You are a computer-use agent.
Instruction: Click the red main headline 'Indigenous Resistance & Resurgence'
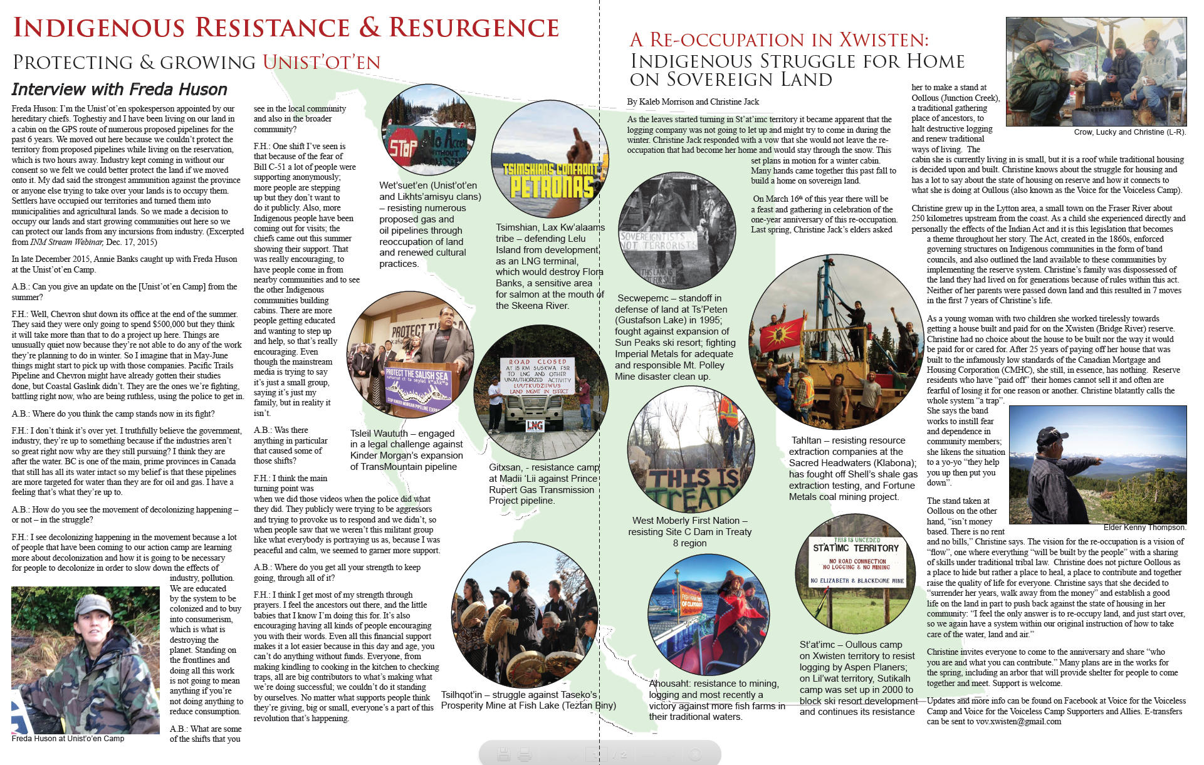(x=286, y=28)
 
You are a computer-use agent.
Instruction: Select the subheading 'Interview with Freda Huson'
(x=119, y=90)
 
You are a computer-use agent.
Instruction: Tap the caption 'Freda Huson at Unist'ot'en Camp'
(x=68, y=739)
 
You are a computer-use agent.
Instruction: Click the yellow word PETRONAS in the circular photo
(x=552, y=186)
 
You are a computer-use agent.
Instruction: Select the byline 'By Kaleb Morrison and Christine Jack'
(x=693, y=101)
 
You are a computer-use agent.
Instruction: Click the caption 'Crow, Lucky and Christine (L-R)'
(x=1129, y=132)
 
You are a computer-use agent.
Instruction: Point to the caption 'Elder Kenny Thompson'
(x=1144, y=528)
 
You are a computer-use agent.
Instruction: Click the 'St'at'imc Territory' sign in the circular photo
(x=856, y=559)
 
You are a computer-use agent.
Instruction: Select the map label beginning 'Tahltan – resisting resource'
(x=852, y=468)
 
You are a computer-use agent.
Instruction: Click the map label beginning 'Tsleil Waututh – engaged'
(x=406, y=450)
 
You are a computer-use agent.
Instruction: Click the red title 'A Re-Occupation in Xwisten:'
(x=779, y=40)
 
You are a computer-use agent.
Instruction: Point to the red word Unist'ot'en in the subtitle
(x=322, y=62)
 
